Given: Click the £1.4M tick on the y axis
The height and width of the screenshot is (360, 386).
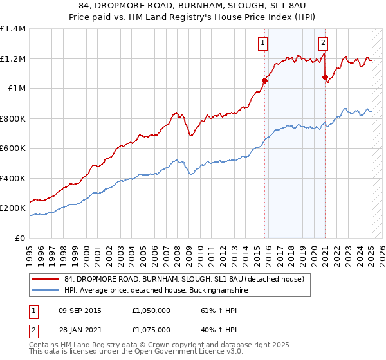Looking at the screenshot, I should click(13, 29).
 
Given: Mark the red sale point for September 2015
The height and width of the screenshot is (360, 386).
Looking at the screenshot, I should click(264, 81).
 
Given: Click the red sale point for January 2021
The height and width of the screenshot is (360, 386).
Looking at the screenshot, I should click(325, 77).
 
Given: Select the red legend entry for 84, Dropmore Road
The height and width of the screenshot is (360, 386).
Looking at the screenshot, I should click(188, 278).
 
